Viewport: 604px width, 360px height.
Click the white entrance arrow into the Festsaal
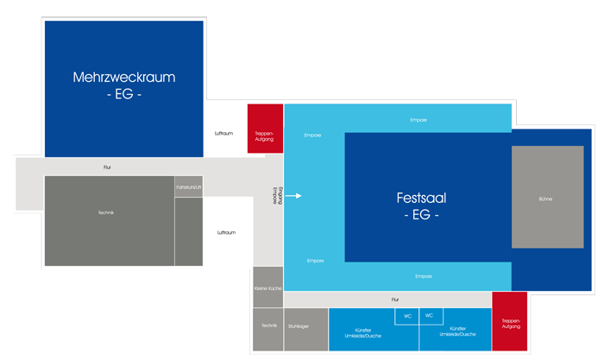pos(294,196)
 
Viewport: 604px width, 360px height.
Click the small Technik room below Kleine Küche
pos(267,325)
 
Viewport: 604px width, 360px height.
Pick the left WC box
pos(407,316)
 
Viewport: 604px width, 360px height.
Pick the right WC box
pos(429,316)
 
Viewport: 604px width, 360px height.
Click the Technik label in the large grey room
pos(106,212)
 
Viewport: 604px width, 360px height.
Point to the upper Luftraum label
pos(224,133)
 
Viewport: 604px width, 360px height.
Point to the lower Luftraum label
pos(226,232)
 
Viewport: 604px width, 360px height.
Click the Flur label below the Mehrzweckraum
pos(106,167)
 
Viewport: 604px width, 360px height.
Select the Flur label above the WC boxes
pos(395,300)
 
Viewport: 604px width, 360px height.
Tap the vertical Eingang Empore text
pos(274,193)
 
